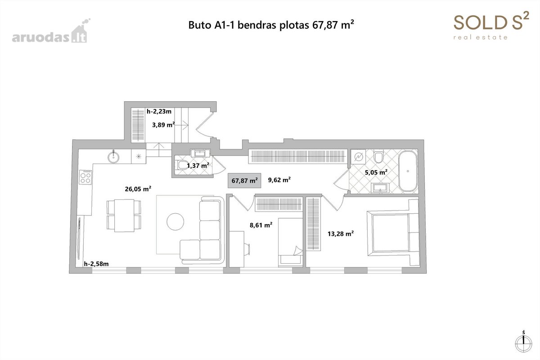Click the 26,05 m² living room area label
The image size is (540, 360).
coord(138,189)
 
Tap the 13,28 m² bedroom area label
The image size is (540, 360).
coord(341,234)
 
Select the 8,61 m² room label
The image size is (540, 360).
coord(261,225)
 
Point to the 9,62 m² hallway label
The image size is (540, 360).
coord(279,180)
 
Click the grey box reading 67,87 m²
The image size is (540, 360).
coord(244,180)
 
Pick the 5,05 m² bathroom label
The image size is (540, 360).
coord(376,172)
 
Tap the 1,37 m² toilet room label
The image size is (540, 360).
coord(198,166)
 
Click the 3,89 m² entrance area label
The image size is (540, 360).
coord(163,125)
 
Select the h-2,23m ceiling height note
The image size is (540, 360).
coord(159,112)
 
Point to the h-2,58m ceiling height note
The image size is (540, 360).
coord(96,264)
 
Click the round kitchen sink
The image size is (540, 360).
coord(113,157)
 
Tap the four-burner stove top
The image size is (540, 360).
coord(85,177)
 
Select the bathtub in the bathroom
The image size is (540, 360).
coord(408,171)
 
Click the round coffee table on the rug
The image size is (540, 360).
coord(175,221)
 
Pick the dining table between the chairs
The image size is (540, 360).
coord(124,215)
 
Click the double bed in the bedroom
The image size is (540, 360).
coord(393,233)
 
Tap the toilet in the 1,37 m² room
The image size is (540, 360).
coord(183,165)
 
